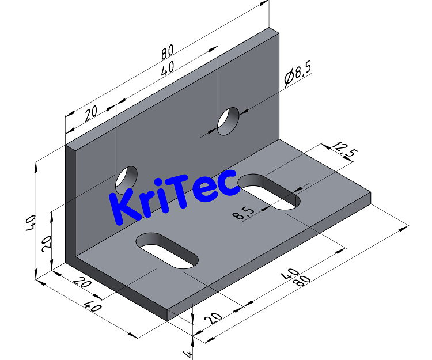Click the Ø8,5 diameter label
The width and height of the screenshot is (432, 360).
(x=298, y=75)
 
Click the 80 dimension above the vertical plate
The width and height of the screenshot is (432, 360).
(x=167, y=52)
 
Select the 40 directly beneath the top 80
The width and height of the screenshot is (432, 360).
(x=167, y=70)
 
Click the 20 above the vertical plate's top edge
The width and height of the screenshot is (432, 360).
(x=91, y=113)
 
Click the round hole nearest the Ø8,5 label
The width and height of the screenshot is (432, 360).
(x=228, y=121)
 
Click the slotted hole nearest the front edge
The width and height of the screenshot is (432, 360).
(x=167, y=251)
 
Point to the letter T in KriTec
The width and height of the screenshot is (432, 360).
(x=181, y=193)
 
